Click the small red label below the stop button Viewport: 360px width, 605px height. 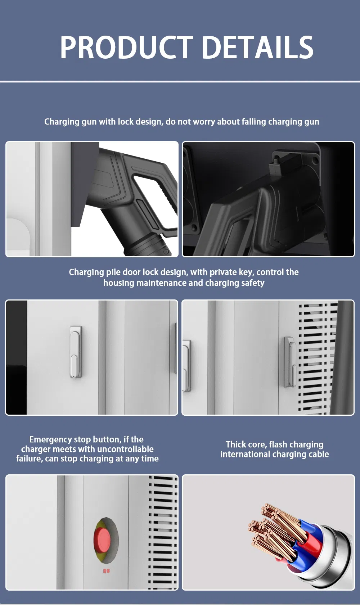pos(106,571)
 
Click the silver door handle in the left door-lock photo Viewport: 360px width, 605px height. pos(76,352)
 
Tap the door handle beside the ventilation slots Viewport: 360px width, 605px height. pos(290,362)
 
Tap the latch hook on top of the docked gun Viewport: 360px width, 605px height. pos(276,162)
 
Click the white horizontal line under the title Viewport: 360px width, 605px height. pos(180,82)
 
